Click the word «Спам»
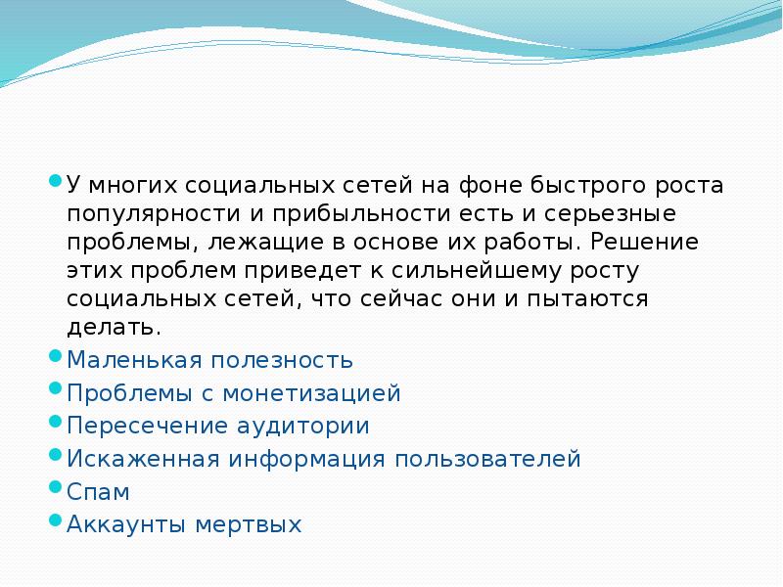coord(98,491)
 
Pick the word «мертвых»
coord(252,523)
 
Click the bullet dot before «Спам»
coord(55,487)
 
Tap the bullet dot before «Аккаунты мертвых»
coord(55,519)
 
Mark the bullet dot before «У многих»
coord(55,181)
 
